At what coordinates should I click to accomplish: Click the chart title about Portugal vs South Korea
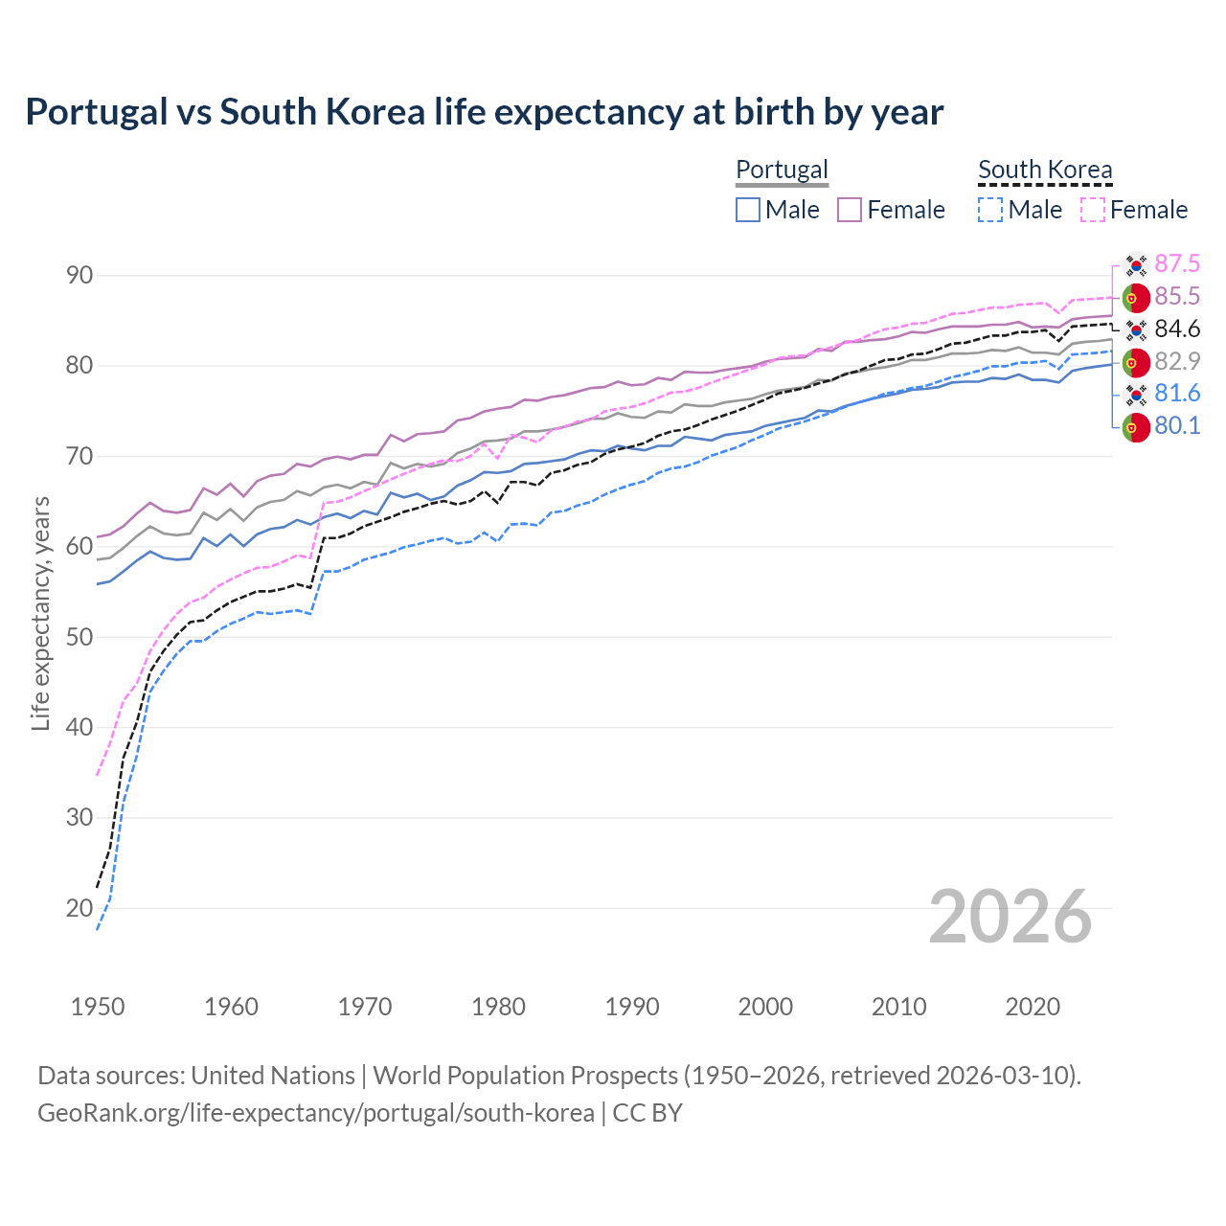(485, 112)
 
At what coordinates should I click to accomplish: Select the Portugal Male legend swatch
(748, 210)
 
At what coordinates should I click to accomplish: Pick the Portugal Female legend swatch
(850, 210)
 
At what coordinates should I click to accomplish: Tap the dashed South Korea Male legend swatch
(990, 210)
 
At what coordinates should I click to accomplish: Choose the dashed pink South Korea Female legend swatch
(1093, 210)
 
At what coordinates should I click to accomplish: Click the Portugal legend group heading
(782, 170)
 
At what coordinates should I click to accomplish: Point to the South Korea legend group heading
(1045, 170)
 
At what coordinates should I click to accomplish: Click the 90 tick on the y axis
(79, 276)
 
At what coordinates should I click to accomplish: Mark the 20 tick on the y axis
(79, 908)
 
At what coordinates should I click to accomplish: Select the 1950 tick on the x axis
(98, 1007)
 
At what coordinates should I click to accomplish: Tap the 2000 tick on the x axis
(765, 1007)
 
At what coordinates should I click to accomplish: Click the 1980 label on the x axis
(498, 1007)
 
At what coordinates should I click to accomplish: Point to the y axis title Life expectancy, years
(40, 613)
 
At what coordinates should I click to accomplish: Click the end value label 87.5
(1177, 264)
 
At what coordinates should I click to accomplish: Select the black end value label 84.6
(1177, 329)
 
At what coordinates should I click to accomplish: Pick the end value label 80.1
(1177, 426)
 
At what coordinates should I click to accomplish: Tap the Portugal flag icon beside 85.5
(1136, 297)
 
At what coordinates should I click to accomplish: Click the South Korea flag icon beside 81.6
(1136, 394)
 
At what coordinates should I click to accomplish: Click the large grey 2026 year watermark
(1010, 917)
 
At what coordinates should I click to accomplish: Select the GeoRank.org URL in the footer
(316, 1113)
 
